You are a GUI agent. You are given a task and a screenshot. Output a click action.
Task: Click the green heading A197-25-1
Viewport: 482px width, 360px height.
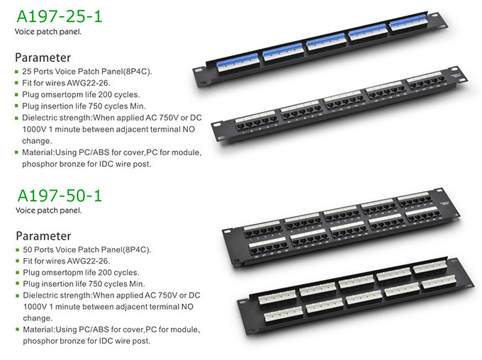click(x=60, y=16)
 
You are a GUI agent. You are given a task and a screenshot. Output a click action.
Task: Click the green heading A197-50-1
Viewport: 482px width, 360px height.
click(x=60, y=196)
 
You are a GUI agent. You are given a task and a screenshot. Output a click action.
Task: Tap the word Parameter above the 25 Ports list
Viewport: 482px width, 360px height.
click(x=43, y=57)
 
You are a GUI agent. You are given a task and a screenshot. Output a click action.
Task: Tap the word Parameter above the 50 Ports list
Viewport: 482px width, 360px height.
click(x=43, y=236)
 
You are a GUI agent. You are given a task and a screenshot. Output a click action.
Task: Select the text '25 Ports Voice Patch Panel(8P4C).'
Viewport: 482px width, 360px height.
click(x=87, y=72)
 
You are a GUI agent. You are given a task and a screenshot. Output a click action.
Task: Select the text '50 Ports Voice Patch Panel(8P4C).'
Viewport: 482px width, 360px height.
click(x=87, y=249)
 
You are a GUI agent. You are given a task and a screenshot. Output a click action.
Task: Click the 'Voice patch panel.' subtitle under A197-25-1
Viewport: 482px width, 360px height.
click(x=48, y=32)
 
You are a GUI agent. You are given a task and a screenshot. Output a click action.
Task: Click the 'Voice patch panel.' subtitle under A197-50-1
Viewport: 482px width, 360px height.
click(x=49, y=210)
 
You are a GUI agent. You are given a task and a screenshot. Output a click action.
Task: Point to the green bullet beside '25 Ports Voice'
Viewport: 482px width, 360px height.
click(x=16, y=72)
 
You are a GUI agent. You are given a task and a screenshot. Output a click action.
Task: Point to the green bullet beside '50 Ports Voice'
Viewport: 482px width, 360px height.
click(x=18, y=249)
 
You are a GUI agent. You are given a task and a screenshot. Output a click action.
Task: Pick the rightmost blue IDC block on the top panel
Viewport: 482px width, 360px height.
click(x=408, y=22)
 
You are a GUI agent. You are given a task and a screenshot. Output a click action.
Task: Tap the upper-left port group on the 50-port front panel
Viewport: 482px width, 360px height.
click(x=262, y=229)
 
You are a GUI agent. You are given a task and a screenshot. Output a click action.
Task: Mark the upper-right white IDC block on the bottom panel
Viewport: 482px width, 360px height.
click(x=430, y=267)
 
